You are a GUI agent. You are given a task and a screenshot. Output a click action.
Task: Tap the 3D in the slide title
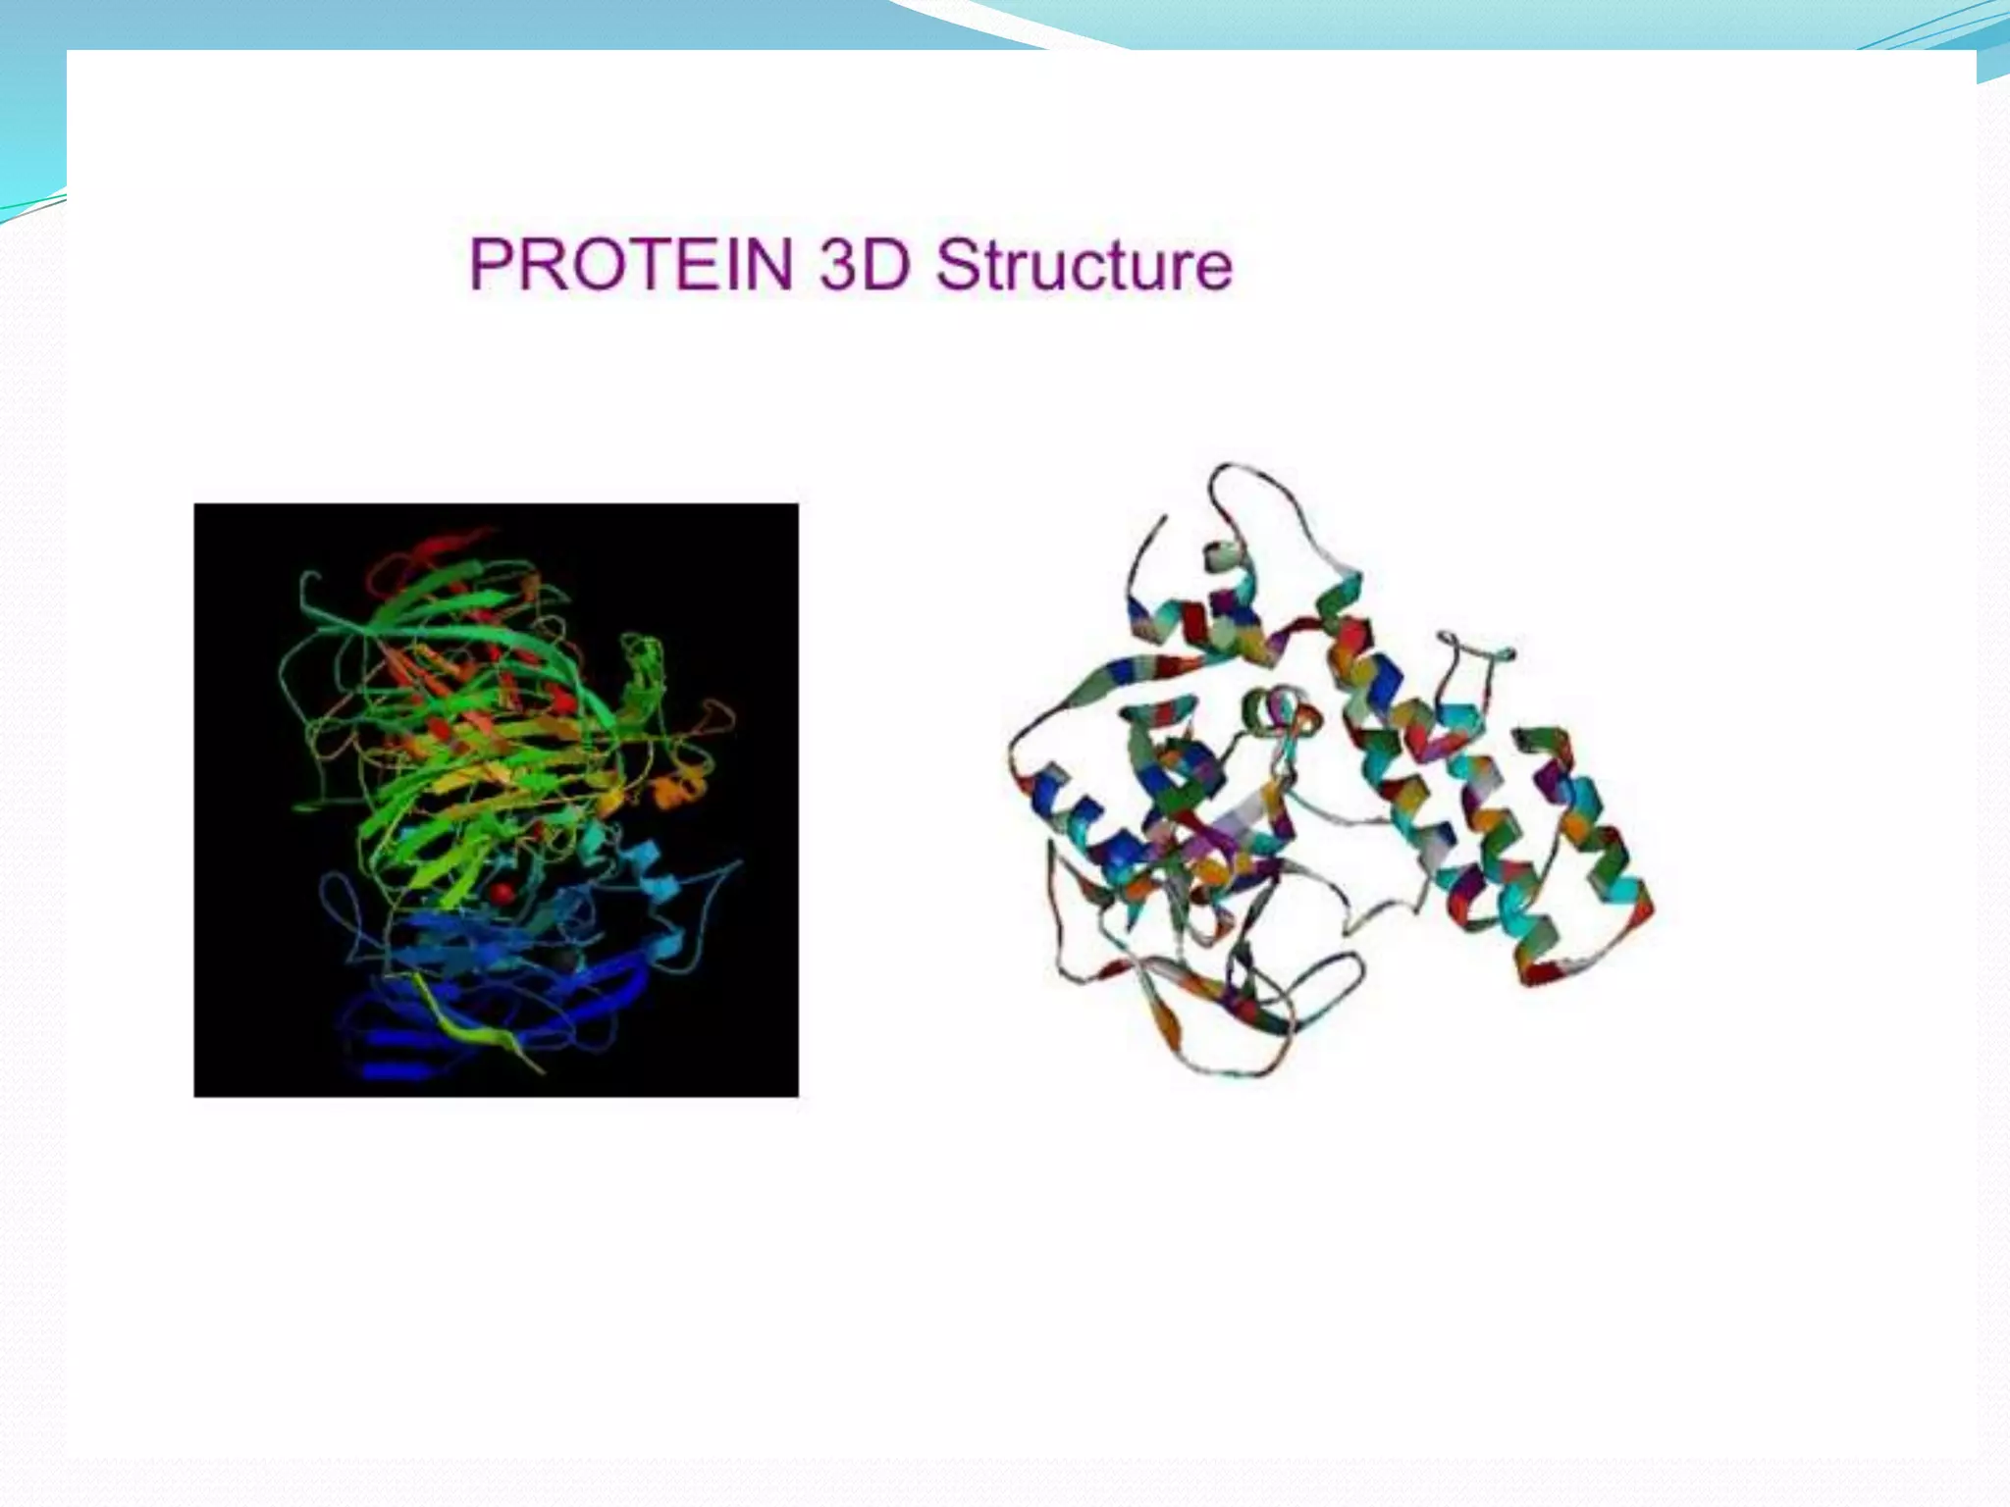[x=863, y=264]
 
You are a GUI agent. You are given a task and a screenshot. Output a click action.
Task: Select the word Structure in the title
[x=1084, y=264]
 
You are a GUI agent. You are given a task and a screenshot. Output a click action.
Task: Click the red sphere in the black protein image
[x=502, y=892]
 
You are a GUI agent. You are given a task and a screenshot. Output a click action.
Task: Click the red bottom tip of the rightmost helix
[x=1541, y=971]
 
